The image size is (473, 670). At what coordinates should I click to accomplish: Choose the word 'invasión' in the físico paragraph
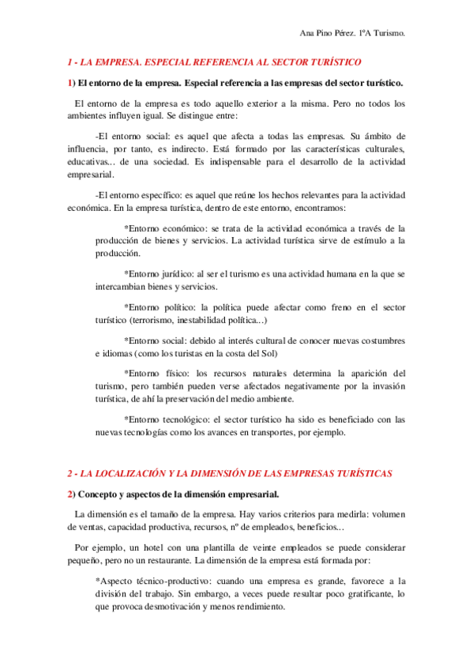click(385, 386)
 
